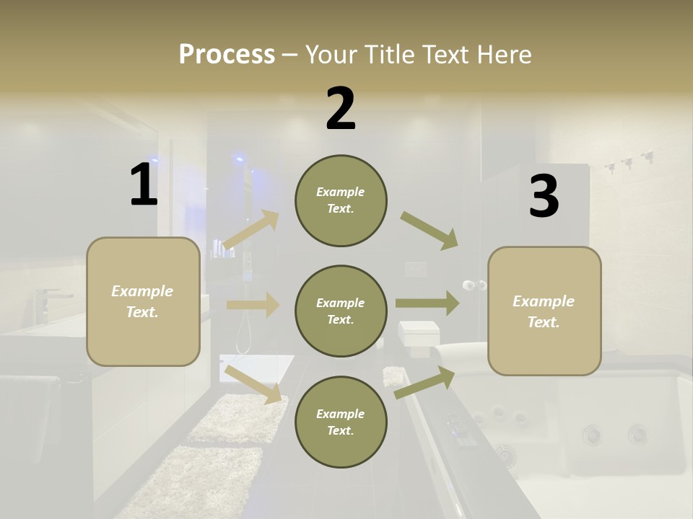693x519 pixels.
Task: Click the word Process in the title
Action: tap(227, 54)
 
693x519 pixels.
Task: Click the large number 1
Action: tap(144, 185)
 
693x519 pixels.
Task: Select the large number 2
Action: tap(341, 109)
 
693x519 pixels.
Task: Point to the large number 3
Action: tap(544, 196)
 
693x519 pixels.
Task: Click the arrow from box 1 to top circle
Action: tap(251, 230)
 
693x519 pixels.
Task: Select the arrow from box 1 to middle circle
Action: tap(253, 305)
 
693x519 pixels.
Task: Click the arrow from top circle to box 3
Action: tap(430, 230)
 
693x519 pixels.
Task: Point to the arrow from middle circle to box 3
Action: tap(427, 303)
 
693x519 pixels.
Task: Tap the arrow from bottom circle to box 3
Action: tap(424, 383)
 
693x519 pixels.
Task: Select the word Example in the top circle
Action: tap(340, 192)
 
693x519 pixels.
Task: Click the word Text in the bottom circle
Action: tap(339, 430)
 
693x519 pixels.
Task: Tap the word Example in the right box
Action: tap(544, 301)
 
